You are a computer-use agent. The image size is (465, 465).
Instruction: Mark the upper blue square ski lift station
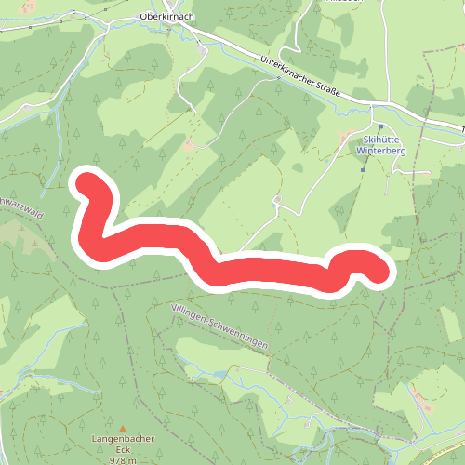[x=379, y=126]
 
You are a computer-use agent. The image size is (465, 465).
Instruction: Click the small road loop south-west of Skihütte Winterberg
[x=277, y=201]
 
